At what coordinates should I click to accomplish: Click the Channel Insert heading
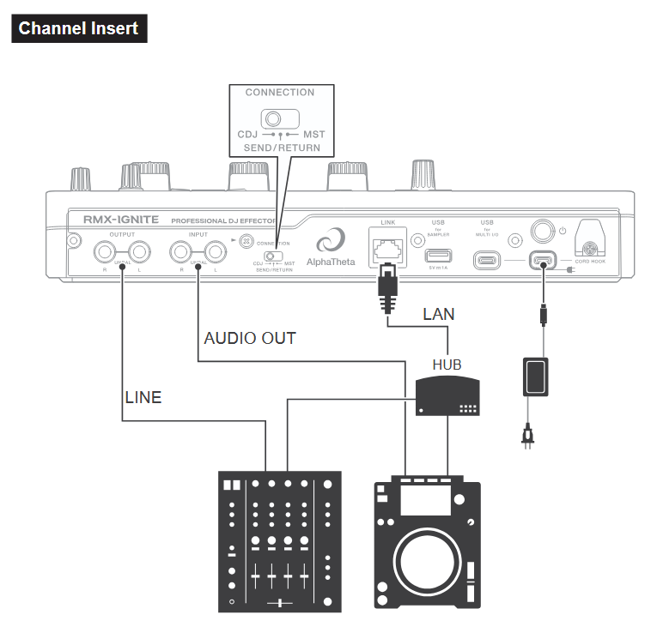click(x=78, y=28)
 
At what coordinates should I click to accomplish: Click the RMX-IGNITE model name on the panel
click(x=120, y=220)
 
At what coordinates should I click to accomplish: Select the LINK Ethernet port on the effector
click(x=387, y=248)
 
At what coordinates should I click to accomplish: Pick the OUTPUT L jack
click(x=140, y=252)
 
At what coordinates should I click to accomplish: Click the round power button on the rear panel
click(x=542, y=231)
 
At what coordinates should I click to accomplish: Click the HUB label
click(x=447, y=365)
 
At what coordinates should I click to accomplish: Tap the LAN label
click(x=439, y=315)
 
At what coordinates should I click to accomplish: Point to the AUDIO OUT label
click(x=249, y=338)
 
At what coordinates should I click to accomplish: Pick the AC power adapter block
click(x=535, y=377)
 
